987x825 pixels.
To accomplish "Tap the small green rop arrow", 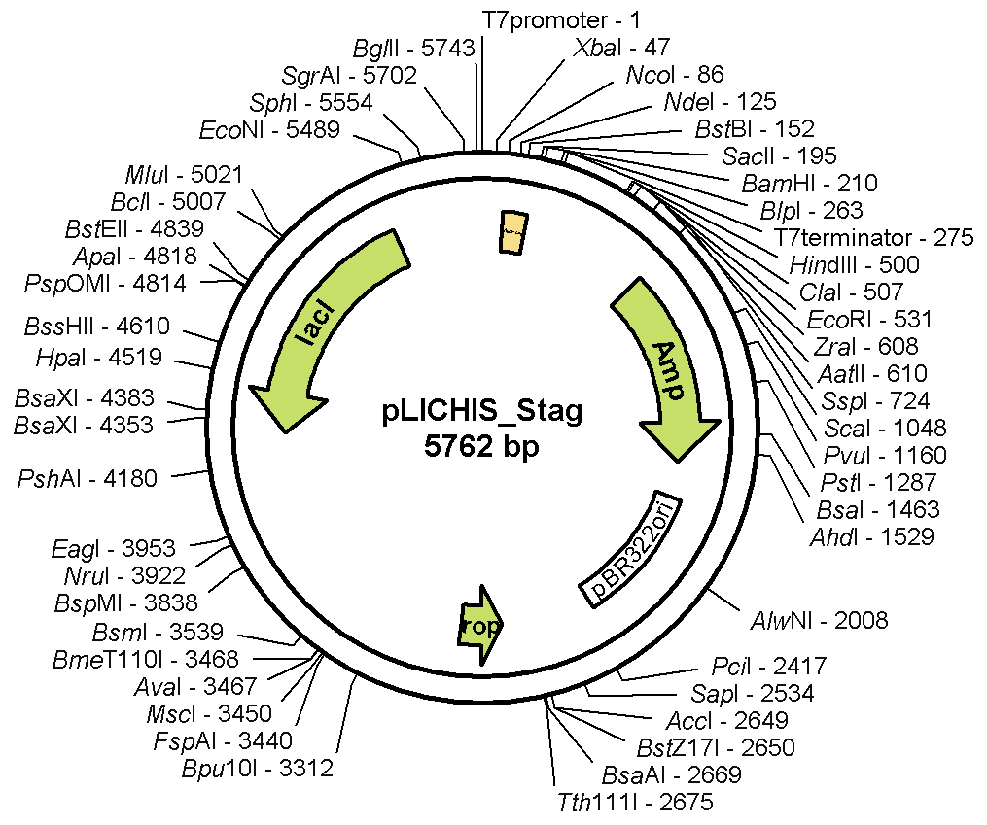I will (481, 626).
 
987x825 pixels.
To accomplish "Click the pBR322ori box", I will (631, 549).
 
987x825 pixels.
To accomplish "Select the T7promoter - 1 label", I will (562, 18).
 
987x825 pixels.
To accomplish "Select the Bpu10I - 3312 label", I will (258, 769).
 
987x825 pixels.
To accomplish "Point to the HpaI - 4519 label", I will (98, 357).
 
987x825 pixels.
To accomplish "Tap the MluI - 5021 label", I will (184, 175).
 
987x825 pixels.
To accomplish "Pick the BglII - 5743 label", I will (413, 49).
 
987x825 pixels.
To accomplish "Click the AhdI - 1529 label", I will (872, 536).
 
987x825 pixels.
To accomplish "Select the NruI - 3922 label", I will (145, 576).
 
